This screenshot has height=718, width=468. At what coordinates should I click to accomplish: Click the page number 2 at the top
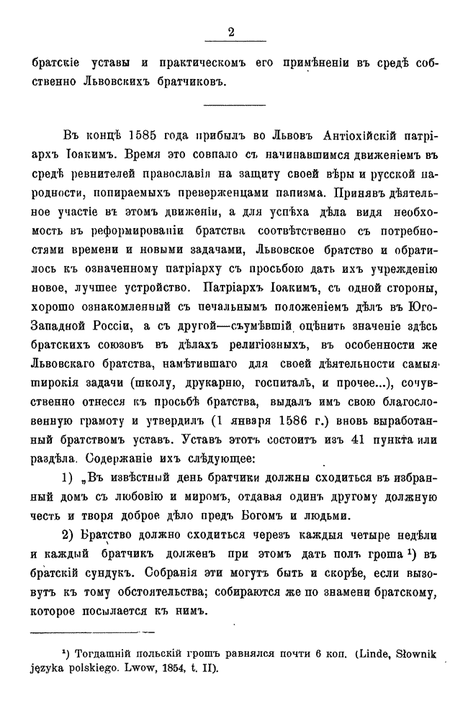pyautogui.click(x=231, y=30)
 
